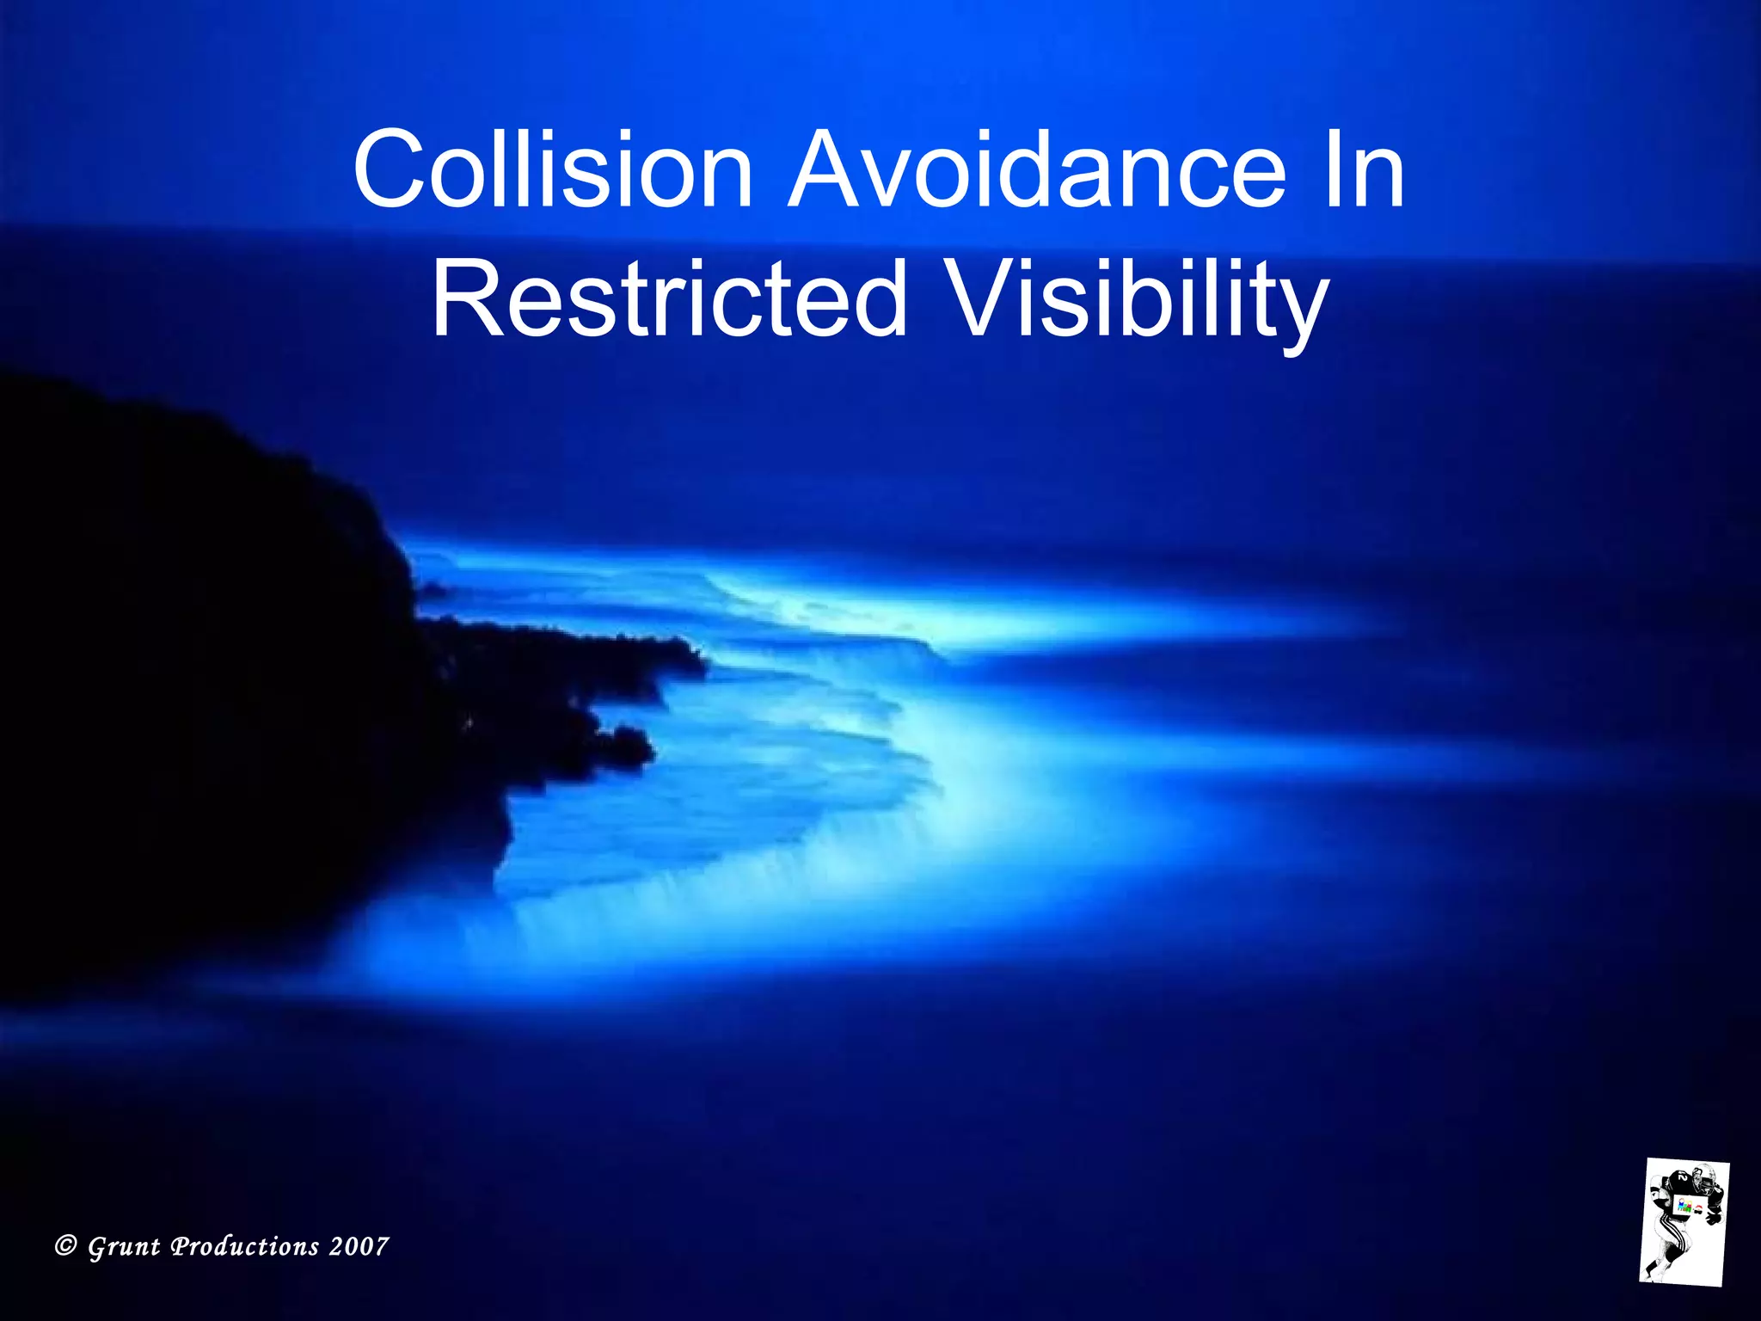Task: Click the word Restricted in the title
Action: [670, 299]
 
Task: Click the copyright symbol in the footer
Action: [65, 1245]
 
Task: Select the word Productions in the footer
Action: [245, 1246]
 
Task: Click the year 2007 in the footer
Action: [359, 1246]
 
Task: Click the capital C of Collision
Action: [384, 169]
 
